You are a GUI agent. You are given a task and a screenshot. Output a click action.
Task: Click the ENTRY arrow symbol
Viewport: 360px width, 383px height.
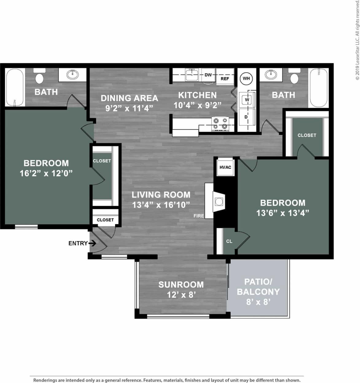pos(92,243)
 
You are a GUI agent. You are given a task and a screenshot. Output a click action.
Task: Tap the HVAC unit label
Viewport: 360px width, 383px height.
pos(225,167)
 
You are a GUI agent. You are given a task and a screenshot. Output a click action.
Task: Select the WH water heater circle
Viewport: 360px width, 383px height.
pos(246,79)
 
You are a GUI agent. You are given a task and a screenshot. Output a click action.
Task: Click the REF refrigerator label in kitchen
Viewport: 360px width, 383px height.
pos(225,79)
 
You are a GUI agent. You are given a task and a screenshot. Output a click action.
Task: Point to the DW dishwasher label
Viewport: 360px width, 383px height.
pos(208,75)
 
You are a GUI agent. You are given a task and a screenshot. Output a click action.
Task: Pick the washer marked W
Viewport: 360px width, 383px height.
pos(247,100)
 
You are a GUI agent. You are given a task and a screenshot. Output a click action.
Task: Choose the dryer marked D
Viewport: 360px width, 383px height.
pos(246,117)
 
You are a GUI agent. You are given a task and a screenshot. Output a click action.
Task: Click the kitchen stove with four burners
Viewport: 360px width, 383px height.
pos(220,123)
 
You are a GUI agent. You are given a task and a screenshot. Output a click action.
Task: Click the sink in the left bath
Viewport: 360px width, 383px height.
pos(73,75)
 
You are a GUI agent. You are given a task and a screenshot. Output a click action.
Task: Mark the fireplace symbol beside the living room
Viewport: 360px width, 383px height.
pos(219,201)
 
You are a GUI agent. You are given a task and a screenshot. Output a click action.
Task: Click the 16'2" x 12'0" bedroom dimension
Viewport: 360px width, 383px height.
pos(46,173)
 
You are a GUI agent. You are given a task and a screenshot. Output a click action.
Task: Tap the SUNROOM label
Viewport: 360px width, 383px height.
pos(181,284)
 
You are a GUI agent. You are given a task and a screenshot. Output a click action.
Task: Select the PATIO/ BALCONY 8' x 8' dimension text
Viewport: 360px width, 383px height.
pos(258,302)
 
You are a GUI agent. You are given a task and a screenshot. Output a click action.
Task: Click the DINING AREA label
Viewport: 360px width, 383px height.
pos(129,98)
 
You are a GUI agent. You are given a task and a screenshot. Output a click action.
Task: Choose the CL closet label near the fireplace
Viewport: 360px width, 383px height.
pos(229,241)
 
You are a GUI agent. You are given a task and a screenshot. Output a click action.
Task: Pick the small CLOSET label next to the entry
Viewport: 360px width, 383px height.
pos(105,220)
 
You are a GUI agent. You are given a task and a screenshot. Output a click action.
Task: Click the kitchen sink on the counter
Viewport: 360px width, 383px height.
pos(192,75)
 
